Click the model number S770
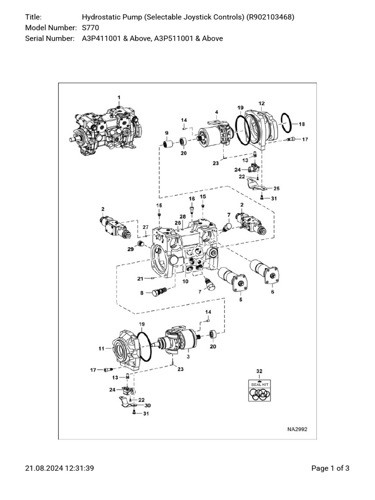(x=90, y=28)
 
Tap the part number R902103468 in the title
(x=270, y=18)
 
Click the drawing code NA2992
(x=297, y=430)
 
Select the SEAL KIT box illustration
(x=260, y=390)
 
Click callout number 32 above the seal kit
(x=259, y=372)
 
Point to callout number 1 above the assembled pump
(x=119, y=98)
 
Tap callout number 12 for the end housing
(x=262, y=104)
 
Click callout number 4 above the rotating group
(x=216, y=112)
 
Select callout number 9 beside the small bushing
(x=167, y=133)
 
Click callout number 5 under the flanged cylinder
(x=240, y=300)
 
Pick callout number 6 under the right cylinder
(x=272, y=292)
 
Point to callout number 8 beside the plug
(x=142, y=293)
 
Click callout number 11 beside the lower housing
(x=102, y=348)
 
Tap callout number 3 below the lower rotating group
(x=188, y=357)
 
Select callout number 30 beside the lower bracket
(x=147, y=405)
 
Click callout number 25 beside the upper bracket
(x=276, y=188)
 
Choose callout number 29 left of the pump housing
(x=130, y=250)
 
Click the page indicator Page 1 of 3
(x=330, y=468)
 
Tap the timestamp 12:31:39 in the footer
(x=79, y=468)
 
